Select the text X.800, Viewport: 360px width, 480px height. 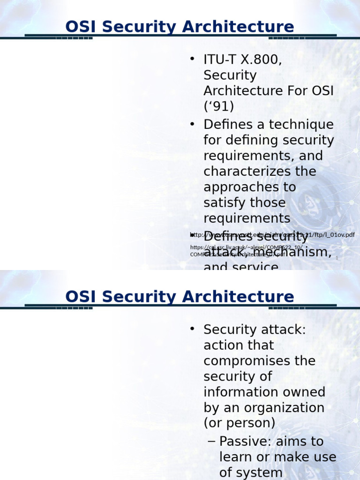(x=261, y=60)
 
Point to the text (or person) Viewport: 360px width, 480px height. (x=239, y=423)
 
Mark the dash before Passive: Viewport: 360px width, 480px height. (x=211, y=442)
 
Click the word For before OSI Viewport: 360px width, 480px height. (x=297, y=91)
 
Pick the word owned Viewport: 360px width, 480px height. (x=307, y=392)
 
